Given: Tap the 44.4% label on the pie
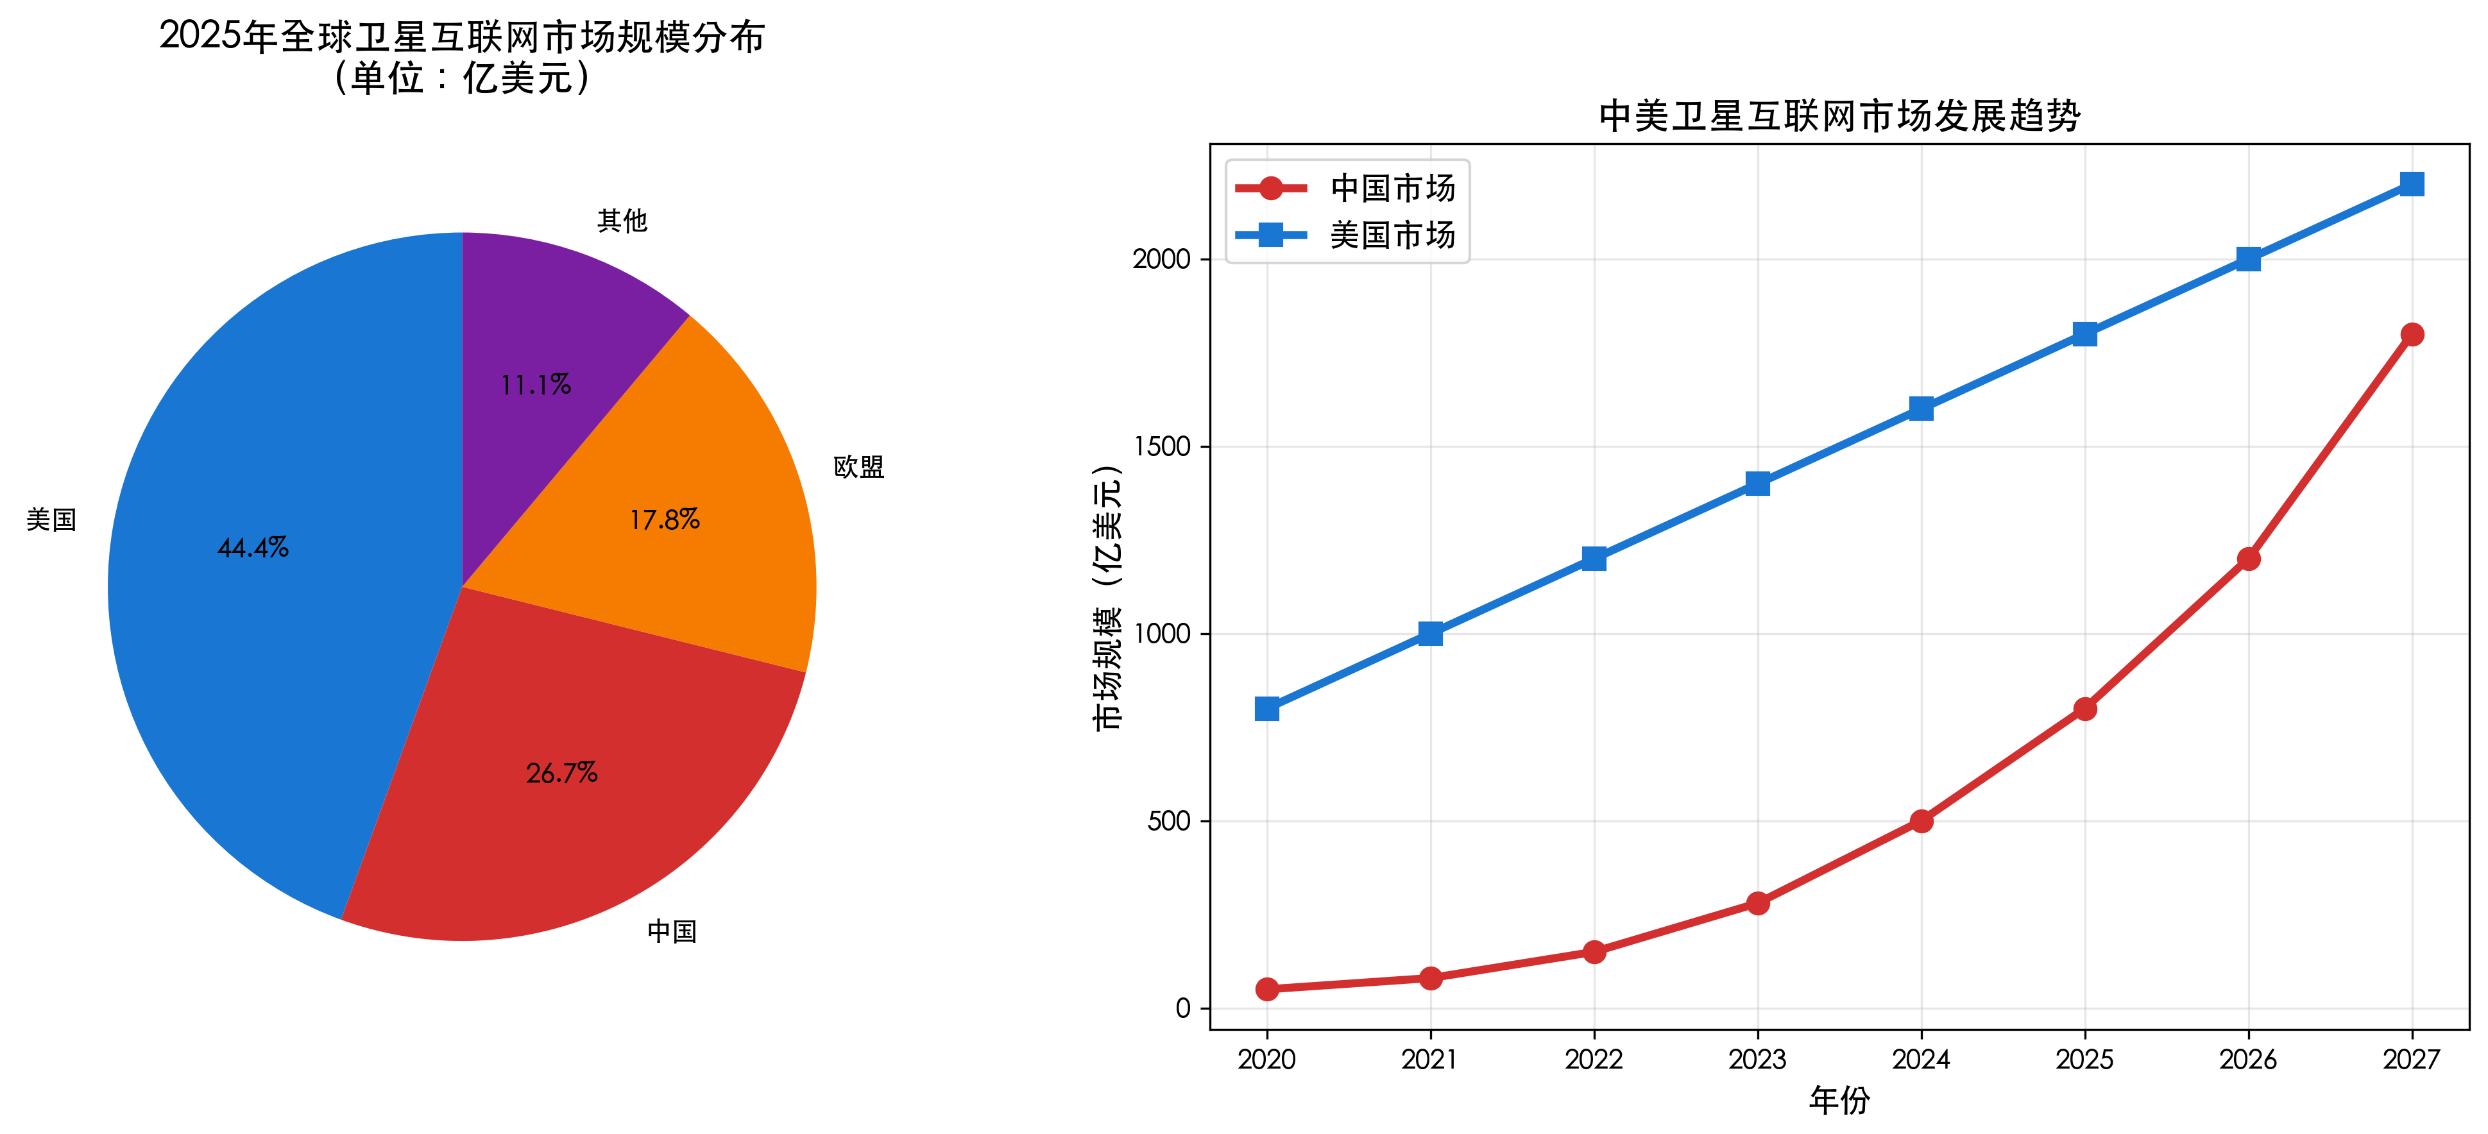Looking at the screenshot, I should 253,548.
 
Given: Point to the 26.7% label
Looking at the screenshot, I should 561,773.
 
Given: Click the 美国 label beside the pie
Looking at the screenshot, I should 51,520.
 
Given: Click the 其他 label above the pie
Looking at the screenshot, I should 622,221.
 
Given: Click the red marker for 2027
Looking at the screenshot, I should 2412,334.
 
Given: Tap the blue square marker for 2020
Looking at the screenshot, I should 1267,709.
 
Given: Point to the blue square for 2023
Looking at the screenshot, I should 1758,484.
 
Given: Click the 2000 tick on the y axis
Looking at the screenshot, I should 1161,259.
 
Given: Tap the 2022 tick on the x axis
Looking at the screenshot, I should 1594,1060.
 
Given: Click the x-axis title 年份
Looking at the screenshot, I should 1839,1100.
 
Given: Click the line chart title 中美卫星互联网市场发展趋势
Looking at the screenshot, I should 1839,116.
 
